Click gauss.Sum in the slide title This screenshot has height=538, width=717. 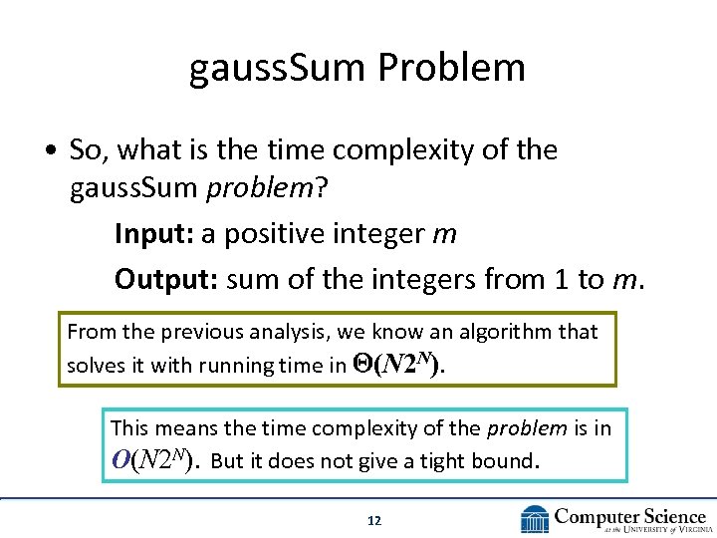pyautogui.click(x=280, y=68)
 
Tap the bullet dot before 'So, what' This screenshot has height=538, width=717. pyautogui.click(x=50, y=151)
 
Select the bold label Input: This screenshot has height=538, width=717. pyautogui.click(x=154, y=233)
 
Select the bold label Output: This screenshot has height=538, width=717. pyautogui.click(x=166, y=279)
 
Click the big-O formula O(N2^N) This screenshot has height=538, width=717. pyautogui.click(x=154, y=461)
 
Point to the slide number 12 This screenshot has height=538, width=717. pyautogui.click(x=374, y=520)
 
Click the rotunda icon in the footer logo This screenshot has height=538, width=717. pyautogui.click(x=535, y=519)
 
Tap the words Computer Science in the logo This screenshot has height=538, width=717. pyautogui.click(x=629, y=515)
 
